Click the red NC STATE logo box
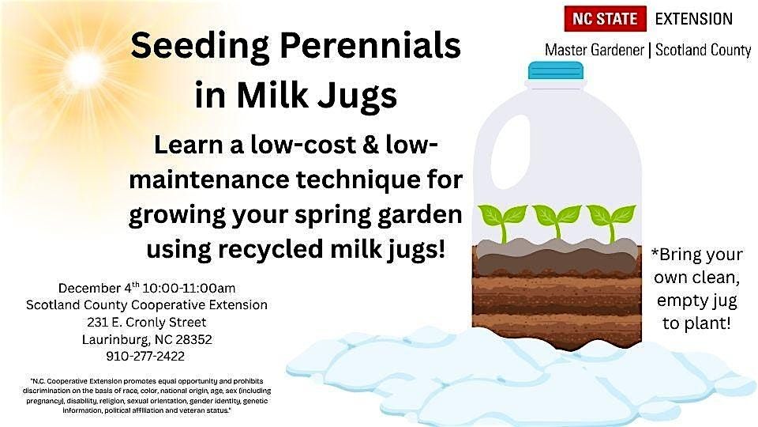point(605,18)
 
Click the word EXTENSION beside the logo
point(695,18)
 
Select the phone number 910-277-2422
point(146,356)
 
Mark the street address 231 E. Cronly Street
point(146,322)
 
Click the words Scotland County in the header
point(704,50)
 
